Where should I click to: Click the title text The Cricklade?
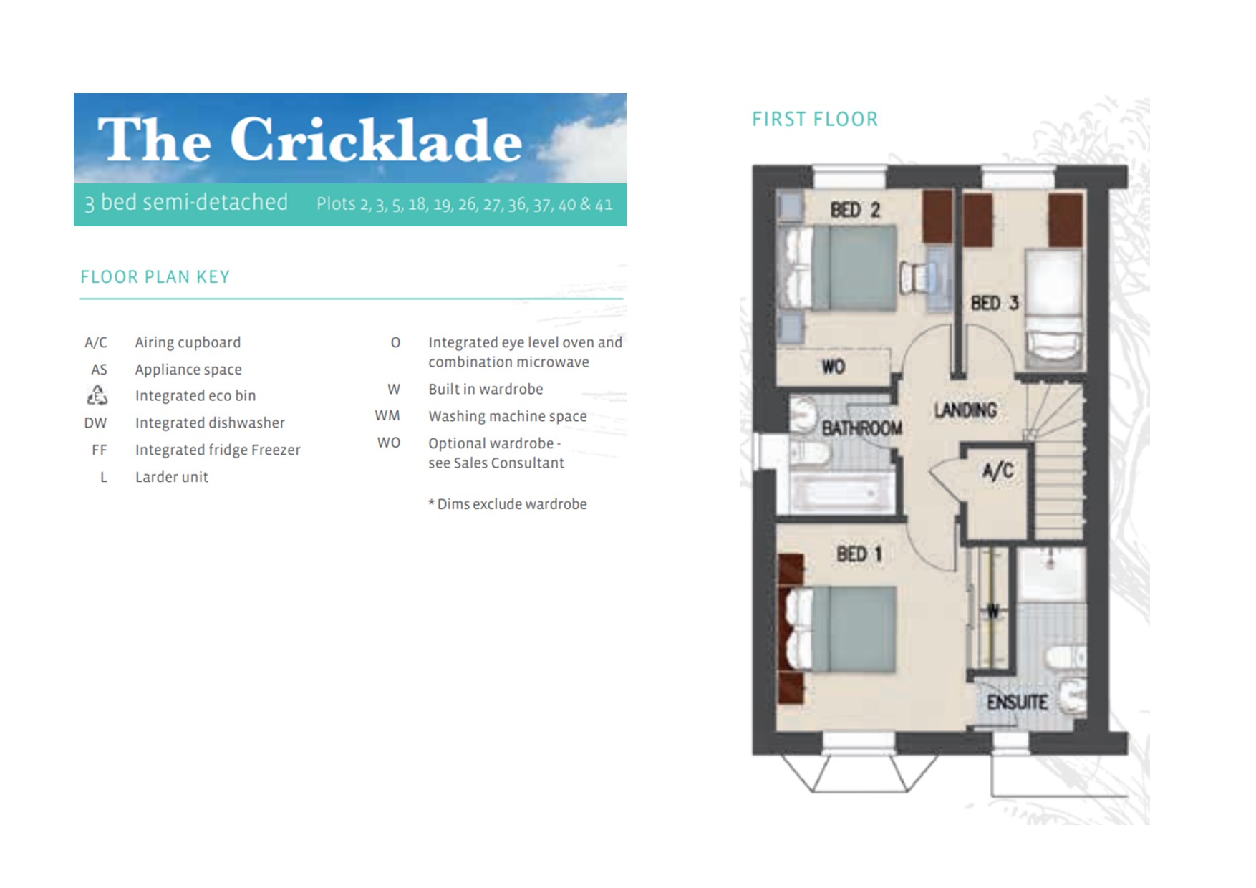(309, 140)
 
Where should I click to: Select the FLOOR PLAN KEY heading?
(155, 277)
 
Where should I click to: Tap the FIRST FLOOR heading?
(815, 120)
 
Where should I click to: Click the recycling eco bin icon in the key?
(97, 395)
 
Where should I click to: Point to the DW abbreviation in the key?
(96, 423)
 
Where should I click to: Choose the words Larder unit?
(172, 477)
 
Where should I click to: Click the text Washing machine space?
(507, 416)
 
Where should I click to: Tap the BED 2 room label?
(854, 210)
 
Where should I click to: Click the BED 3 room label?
(994, 304)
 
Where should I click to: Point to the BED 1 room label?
(859, 554)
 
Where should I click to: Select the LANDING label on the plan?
(965, 410)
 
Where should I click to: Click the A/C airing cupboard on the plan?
(997, 471)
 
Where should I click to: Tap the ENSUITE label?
(1017, 703)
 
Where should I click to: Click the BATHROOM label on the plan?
(861, 429)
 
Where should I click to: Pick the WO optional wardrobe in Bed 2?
(834, 367)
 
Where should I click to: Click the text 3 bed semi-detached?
(186, 203)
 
